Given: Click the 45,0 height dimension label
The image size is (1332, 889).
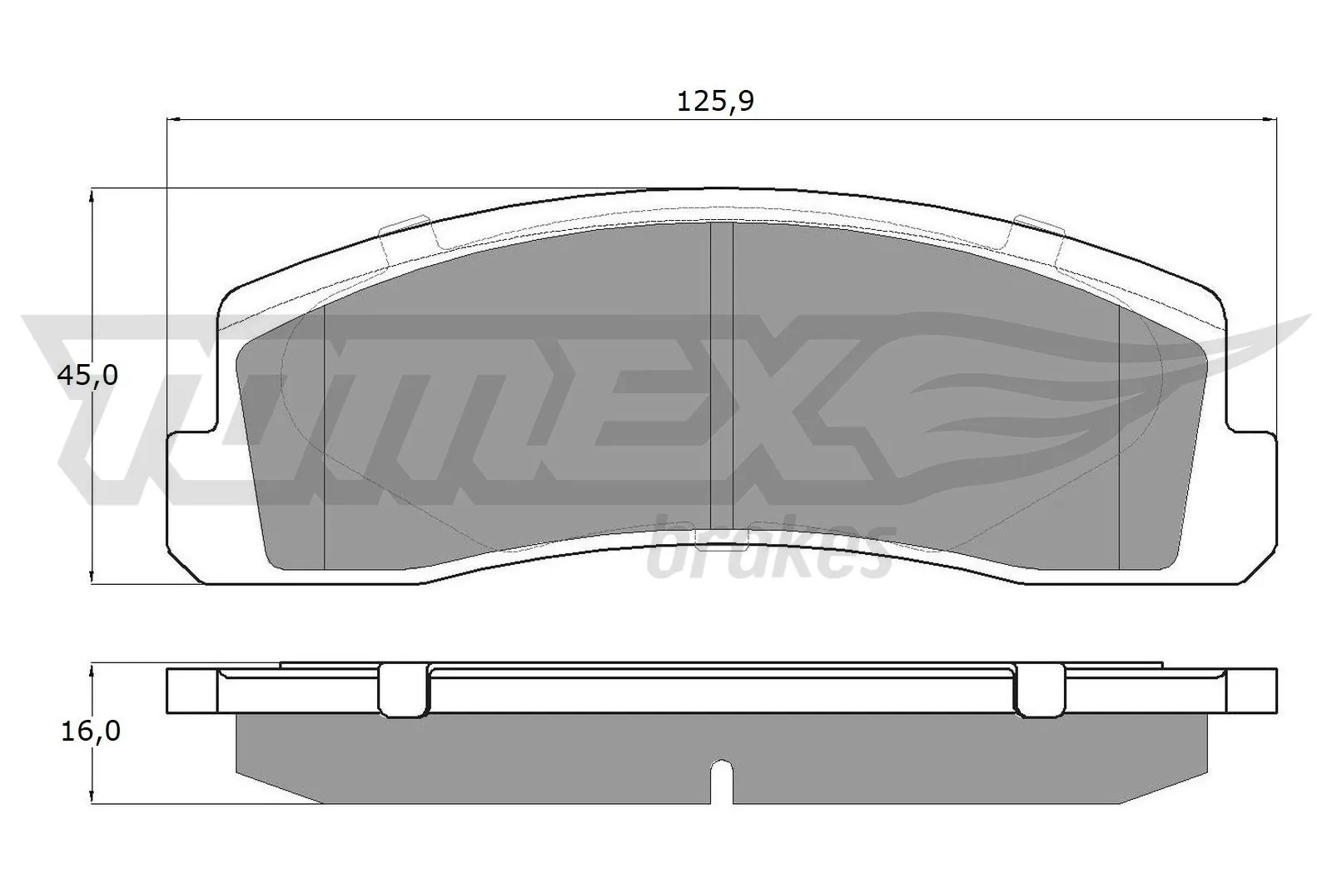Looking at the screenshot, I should coord(87,376).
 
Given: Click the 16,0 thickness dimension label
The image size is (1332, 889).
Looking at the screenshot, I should coord(90,731).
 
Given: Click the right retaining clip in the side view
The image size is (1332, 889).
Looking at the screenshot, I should coord(1040,690).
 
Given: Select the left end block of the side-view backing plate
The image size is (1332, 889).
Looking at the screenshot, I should coord(192,690).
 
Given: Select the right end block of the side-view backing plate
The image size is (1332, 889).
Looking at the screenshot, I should coord(1251,690).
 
